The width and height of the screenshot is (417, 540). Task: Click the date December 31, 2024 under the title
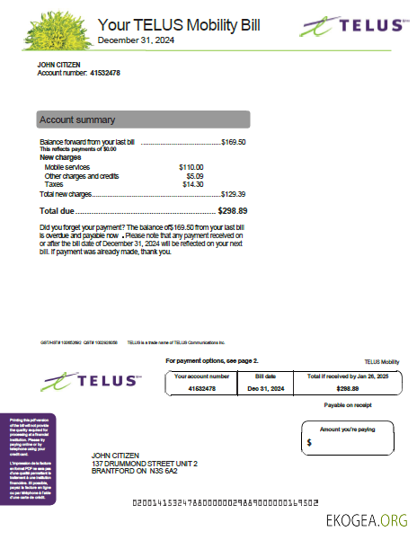click(x=137, y=41)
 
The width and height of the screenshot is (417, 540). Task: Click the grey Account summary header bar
click(x=143, y=120)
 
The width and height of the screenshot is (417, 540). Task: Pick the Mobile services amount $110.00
click(x=191, y=167)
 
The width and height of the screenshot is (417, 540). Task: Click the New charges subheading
click(x=61, y=157)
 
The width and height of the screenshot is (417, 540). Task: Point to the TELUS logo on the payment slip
click(x=92, y=381)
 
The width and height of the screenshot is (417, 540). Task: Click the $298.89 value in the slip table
click(x=347, y=388)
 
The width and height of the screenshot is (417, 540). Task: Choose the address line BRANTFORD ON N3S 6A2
click(x=135, y=471)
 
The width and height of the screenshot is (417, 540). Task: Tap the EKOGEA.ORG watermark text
click(x=368, y=519)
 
